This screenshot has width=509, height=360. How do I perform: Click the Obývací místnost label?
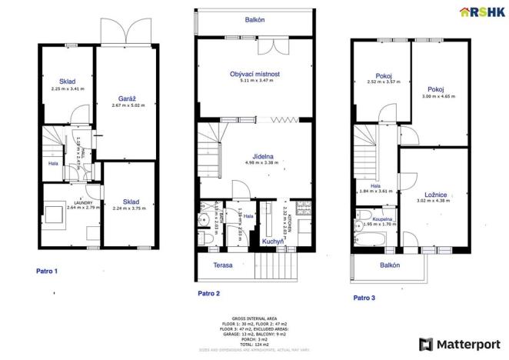pos(254,75)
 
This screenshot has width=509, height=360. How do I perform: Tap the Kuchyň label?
pos(271,242)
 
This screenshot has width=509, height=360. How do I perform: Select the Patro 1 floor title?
pos(47,271)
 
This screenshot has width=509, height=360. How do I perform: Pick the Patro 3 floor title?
pos(365,297)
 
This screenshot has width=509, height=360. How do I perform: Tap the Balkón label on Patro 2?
pos(255,20)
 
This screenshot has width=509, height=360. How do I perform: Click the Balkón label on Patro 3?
pos(389,265)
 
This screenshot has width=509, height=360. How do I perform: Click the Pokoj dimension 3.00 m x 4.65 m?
pos(439,97)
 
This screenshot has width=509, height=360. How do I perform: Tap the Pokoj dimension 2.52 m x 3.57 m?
pos(382,82)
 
